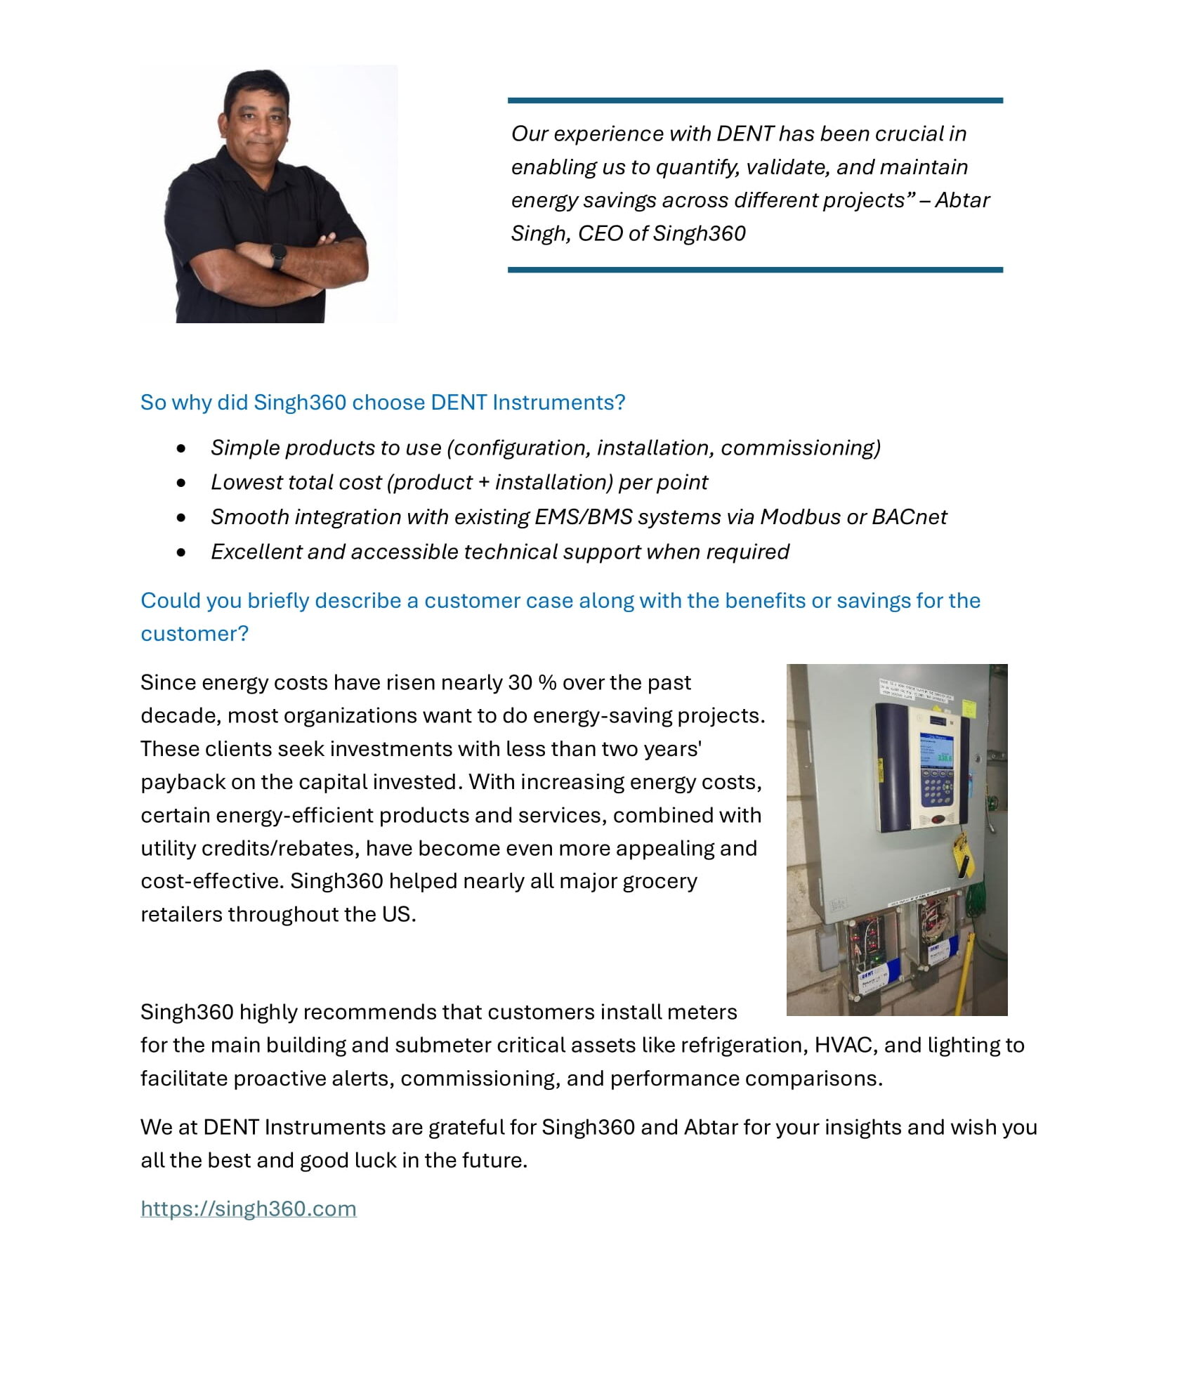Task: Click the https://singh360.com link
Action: [x=248, y=1208]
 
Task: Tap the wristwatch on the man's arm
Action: [x=278, y=256]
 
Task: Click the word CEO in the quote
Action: [x=600, y=233]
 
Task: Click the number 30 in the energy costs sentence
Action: [x=520, y=682]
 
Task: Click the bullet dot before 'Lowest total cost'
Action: [x=182, y=483]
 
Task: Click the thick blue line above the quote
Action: [x=755, y=100]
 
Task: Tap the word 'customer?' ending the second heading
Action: [x=195, y=634]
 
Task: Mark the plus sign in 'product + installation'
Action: [x=483, y=483]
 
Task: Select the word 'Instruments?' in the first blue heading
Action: [x=558, y=403]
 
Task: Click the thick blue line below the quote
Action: [x=755, y=269]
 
